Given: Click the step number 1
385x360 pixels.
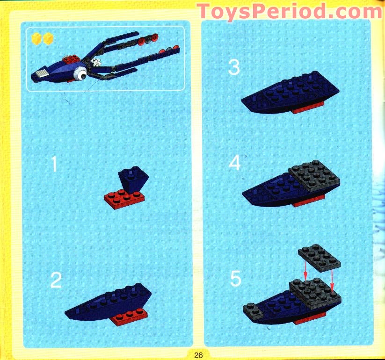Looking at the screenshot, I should point(55,164).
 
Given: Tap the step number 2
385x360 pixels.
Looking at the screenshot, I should point(56,280).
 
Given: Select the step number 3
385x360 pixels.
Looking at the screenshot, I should point(234,67).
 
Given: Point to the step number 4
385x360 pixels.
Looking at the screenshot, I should point(234,163).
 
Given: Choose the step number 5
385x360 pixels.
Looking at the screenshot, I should point(235,280).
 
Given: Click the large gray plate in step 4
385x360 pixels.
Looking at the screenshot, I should point(314,176).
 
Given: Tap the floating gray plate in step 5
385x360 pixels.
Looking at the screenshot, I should point(320,257).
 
